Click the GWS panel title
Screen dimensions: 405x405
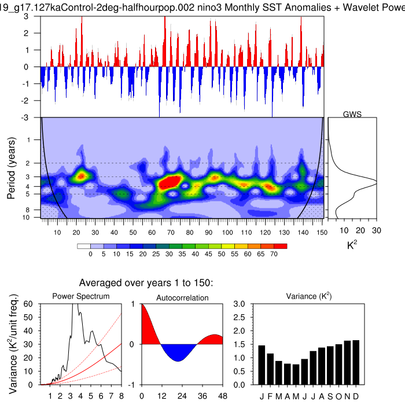click(x=352, y=114)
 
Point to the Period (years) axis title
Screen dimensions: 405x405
click(x=11, y=168)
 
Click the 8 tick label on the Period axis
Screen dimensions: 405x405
click(x=35, y=209)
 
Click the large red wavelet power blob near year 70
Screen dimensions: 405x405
click(x=170, y=182)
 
